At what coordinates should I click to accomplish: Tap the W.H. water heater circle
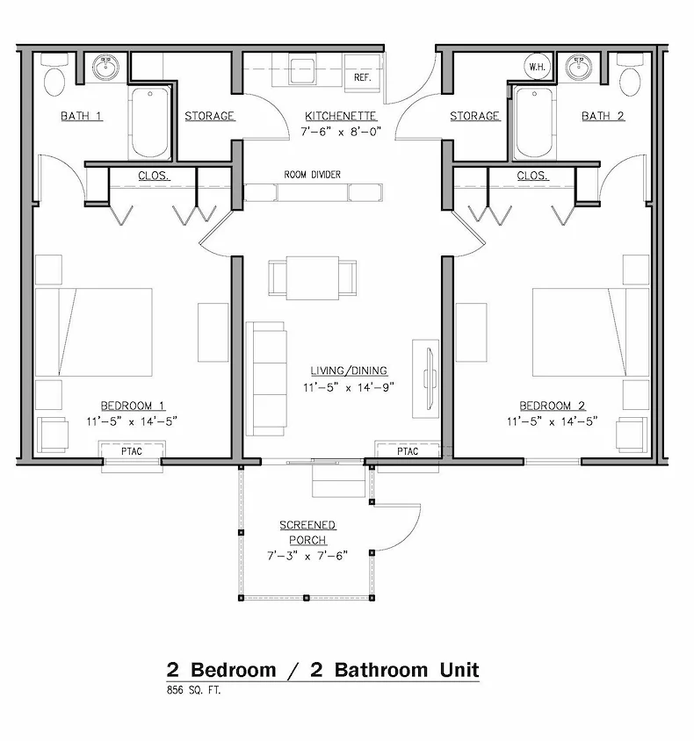538,67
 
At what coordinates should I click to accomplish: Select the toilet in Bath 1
55,76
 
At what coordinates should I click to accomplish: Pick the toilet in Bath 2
631,76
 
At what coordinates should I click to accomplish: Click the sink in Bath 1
109,67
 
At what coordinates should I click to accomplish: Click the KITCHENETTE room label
341,116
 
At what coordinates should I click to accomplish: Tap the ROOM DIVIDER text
312,175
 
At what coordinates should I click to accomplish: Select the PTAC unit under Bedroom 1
131,451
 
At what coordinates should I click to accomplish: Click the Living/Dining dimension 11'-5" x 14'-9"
349,386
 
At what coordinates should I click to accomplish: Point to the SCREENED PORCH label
307,532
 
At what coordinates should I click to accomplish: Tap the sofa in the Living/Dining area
265,378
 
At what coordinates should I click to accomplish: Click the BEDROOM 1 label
133,406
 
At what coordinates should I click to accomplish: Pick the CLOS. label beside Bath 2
532,176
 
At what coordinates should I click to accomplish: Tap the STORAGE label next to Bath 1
209,116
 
